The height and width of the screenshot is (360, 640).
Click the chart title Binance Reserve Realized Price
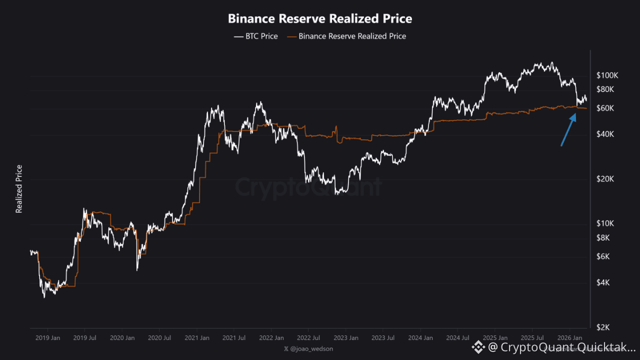point(320,19)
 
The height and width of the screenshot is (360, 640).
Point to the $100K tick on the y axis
point(607,75)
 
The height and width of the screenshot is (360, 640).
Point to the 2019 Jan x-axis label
point(48,337)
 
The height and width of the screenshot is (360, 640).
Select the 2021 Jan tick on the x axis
point(197,337)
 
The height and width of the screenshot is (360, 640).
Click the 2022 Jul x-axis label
point(308,337)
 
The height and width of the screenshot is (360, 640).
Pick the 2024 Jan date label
point(420,337)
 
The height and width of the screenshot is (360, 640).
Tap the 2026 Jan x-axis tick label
point(570,337)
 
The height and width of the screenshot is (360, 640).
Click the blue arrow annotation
point(567,129)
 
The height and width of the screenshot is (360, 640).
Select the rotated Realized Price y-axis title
point(19,189)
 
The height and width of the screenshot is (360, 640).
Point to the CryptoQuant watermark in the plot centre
point(308,187)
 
